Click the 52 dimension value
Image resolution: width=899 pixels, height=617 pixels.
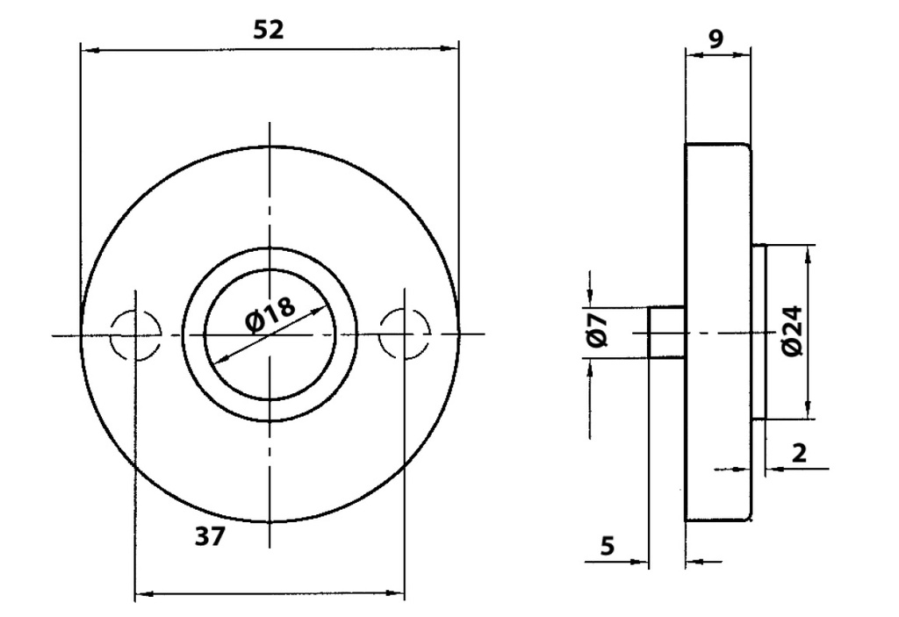point(269,30)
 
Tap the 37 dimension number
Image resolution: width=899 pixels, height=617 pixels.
point(211,537)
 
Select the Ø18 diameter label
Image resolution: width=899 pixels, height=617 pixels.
point(270,314)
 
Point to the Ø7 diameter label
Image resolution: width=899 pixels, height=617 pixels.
point(597,330)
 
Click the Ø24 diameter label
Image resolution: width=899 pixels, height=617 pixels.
point(793,331)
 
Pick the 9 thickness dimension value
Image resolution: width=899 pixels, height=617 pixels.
point(716,39)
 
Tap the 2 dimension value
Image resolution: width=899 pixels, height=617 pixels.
point(799,453)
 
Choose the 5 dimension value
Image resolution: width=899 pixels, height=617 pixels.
point(608,545)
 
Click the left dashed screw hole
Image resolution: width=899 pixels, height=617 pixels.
point(135,335)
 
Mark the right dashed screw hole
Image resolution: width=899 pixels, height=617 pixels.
point(405,334)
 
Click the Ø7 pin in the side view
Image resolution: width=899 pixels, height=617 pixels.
point(667,333)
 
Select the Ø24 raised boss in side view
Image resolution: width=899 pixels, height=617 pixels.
point(758,332)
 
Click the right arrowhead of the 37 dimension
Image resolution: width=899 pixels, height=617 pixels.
point(395,592)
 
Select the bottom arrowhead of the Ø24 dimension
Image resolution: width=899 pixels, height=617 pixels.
point(809,409)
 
